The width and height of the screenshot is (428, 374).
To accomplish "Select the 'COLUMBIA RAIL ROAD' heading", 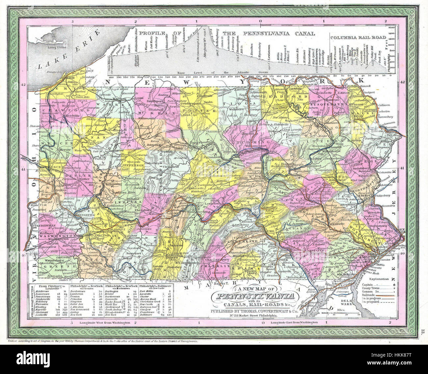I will [x=358, y=38].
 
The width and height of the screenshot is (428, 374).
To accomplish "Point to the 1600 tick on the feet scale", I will [x=391, y=28].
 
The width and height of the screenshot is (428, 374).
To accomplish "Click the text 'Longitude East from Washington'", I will [x=294, y=323].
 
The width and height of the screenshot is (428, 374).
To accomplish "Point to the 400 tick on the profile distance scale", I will [x=111, y=76].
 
